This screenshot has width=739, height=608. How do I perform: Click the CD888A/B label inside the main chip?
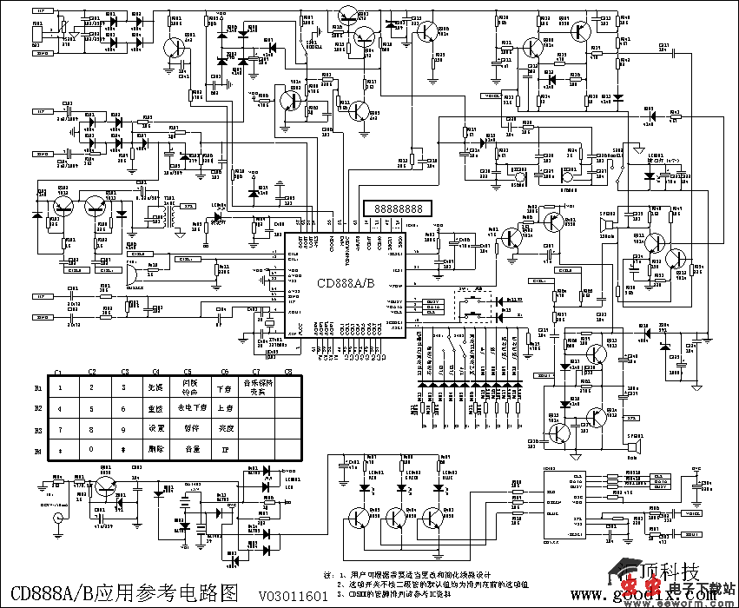[345, 283]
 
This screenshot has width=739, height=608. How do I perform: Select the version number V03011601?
[293, 597]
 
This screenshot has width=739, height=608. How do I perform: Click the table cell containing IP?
[225, 450]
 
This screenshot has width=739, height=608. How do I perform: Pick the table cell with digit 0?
[91, 450]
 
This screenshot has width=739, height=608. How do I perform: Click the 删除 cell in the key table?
[155, 450]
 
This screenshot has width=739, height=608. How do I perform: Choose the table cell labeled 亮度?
[225, 429]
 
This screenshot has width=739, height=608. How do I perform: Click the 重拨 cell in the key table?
[155, 407]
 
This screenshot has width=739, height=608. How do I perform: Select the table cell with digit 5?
[91, 407]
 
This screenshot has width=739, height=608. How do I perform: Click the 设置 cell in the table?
[155, 429]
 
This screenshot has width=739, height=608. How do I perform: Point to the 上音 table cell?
[225, 407]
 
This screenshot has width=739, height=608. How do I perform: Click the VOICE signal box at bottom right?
[692, 512]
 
